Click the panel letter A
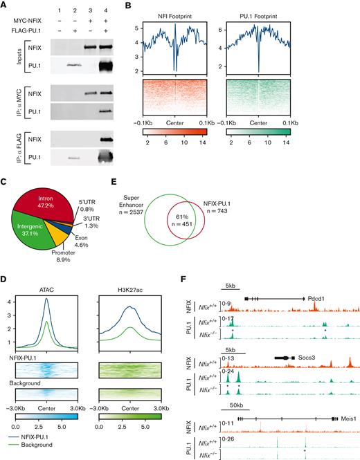pos(5,6)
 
